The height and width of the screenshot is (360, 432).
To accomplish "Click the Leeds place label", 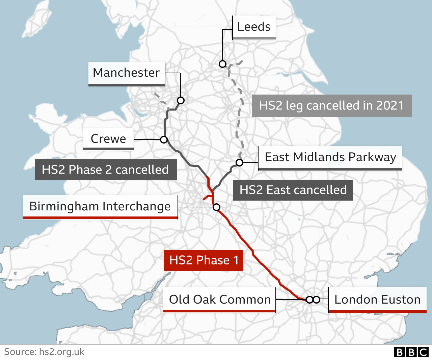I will tap(254, 27).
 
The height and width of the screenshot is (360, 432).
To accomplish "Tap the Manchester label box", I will tap(126, 73).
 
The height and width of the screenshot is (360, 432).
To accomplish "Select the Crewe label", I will tap(108, 139).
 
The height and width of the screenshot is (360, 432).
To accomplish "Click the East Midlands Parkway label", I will tap(330, 157).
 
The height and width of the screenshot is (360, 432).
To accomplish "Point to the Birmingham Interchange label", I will tap(100, 206).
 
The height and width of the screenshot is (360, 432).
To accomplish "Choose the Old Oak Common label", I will tap(219, 300).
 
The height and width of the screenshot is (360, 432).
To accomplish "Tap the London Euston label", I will tap(377, 300).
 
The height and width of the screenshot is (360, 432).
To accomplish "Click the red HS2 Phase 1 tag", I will tap(204, 260).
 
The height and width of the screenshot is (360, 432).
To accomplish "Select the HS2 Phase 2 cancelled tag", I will tap(105, 170).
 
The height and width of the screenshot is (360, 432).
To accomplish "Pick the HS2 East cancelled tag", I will tap(293, 190).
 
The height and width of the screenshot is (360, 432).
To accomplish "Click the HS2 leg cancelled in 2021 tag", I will tap(331, 105).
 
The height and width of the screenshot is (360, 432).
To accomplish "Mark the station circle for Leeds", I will tap(222, 64).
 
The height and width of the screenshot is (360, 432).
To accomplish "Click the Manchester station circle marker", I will tap(181, 100).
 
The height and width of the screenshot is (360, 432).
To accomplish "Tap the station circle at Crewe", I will tap(164, 139).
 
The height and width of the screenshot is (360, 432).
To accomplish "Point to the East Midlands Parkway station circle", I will tap(239, 162).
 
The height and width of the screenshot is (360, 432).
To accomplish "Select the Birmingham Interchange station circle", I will tap(216, 207).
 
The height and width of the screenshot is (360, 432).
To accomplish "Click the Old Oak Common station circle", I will tap(309, 300).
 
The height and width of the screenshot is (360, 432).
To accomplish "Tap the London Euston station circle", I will tap(316, 300).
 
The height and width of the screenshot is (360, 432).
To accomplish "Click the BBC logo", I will tap(411, 352).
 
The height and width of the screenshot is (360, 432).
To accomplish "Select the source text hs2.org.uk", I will tap(62, 352).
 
